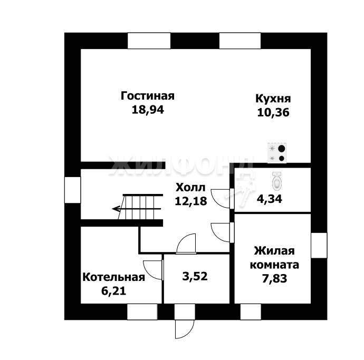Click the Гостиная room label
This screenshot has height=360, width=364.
pos(147,96)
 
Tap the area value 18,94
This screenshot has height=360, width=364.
pos(148,110)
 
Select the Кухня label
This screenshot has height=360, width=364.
pos(273,99)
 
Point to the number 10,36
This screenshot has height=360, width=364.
pos(273,112)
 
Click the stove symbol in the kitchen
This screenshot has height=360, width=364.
pos(277,153)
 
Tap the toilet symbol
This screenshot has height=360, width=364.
pos(276,180)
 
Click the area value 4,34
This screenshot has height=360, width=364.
pos(270,199)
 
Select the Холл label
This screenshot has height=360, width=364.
pos(190,188)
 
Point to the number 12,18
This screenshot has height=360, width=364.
pos(191,201)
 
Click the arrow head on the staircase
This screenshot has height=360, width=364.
pos(116,209)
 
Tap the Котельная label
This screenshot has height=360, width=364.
pos(114,277)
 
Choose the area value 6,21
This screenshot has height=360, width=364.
pos(114,291)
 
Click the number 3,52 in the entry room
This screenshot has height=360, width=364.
pos(195,276)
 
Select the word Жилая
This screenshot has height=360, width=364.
pos(274,251)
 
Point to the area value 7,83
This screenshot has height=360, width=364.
pos(275,278)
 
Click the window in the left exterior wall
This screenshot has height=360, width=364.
pos(72,190)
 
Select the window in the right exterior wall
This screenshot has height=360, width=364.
pos(319,246)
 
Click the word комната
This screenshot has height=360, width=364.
pos(274,265)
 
